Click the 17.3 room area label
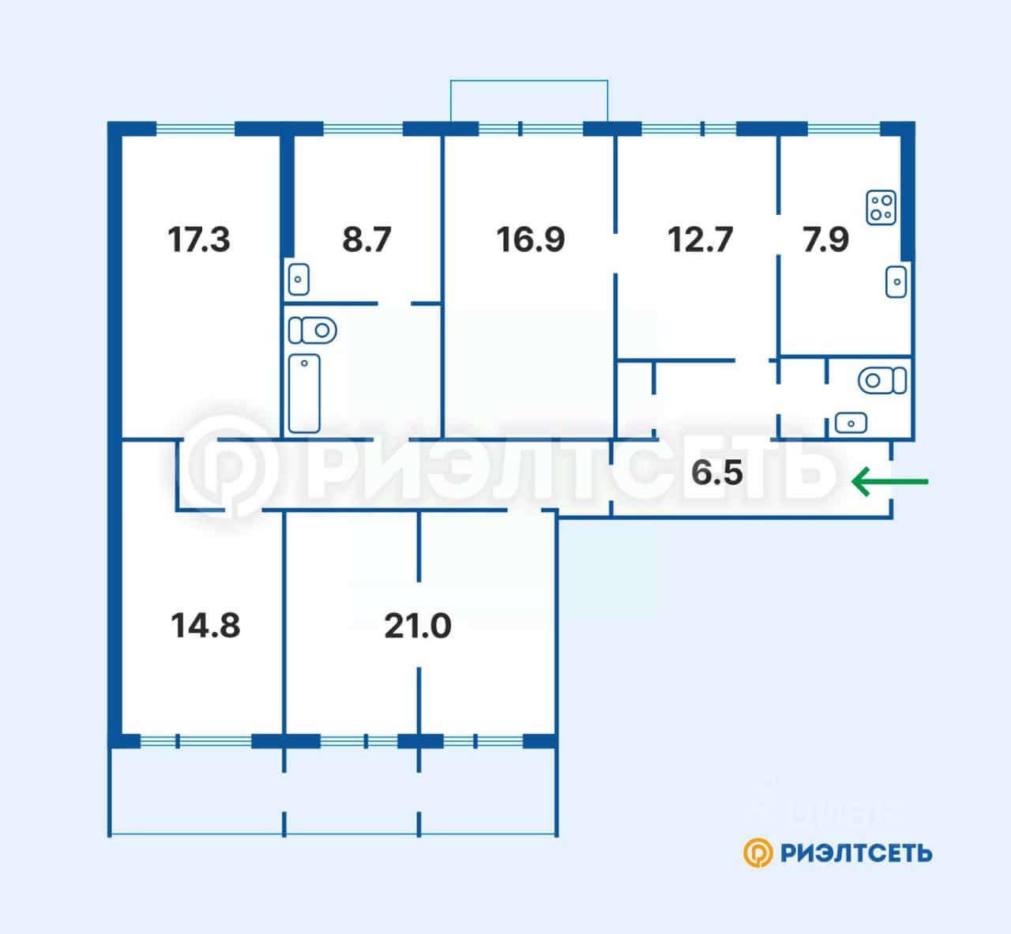(x=198, y=239)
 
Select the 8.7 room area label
(x=366, y=239)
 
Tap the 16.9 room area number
(x=531, y=239)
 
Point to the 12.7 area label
(x=700, y=239)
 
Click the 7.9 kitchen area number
(x=825, y=239)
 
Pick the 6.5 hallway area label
(x=717, y=473)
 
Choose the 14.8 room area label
(x=205, y=625)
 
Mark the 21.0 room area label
(x=417, y=626)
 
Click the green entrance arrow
(x=890, y=481)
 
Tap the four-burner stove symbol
(x=881, y=208)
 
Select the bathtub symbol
(x=304, y=394)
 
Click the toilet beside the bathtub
(x=313, y=330)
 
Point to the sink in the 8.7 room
(x=299, y=279)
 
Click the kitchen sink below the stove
(x=896, y=282)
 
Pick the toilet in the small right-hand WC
(x=882, y=380)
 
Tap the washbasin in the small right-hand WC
(x=851, y=423)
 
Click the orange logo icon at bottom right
(x=758, y=853)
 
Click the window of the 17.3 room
(x=195, y=129)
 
